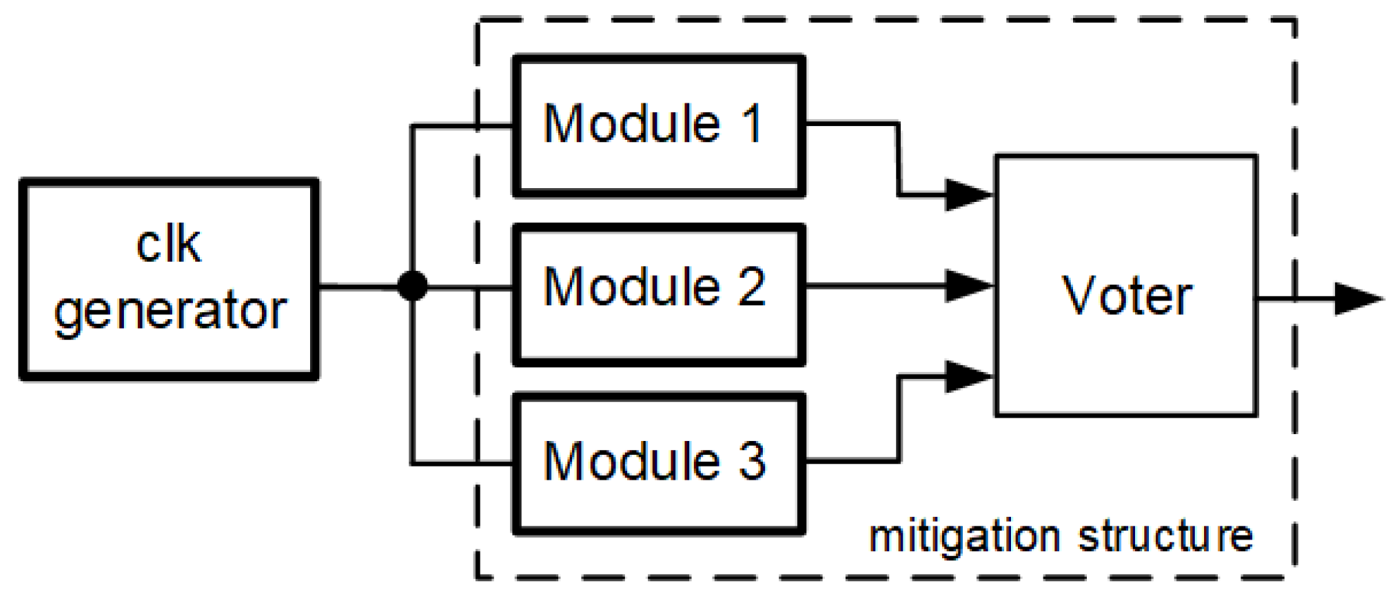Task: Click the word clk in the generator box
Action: [x=169, y=245]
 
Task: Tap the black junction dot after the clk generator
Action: [x=412, y=285]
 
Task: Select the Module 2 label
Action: [x=653, y=287]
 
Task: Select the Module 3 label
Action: [x=653, y=461]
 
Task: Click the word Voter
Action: [x=1126, y=296]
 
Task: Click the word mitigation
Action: [x=964, y=537]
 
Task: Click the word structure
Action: [x=1165, y=536]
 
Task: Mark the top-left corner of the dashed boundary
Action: [x=477, y=21]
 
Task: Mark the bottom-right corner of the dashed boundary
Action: [x=1295, y=576]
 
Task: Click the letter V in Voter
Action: [x=1081, y=296]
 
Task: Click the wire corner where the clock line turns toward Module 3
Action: [x=412, y=463]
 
